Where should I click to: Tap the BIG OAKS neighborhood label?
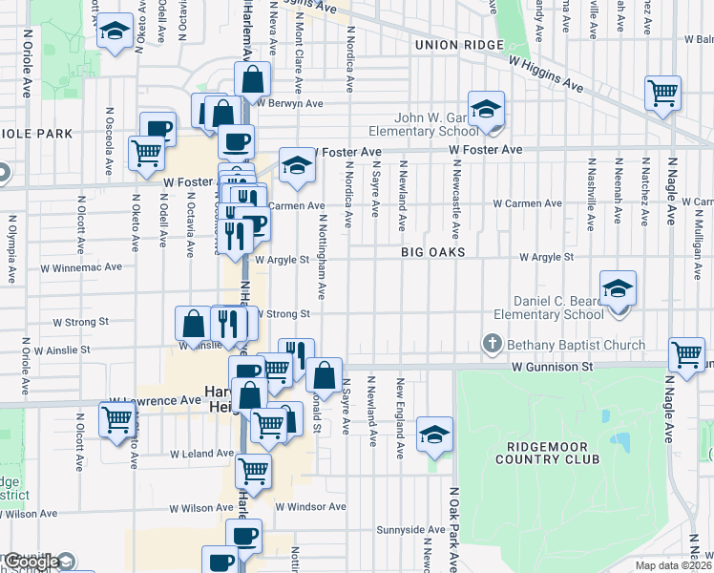(432, 252)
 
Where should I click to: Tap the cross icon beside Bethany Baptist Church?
(492, 343)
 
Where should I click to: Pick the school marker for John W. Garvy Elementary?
(486, 109)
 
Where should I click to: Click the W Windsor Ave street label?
(310, 506)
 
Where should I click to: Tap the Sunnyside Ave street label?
(410, 529)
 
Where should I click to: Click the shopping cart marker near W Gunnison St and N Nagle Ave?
(687, 354)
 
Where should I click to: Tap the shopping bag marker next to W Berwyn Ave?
(254, 79)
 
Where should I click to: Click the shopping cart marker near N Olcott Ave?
(117, 418)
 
